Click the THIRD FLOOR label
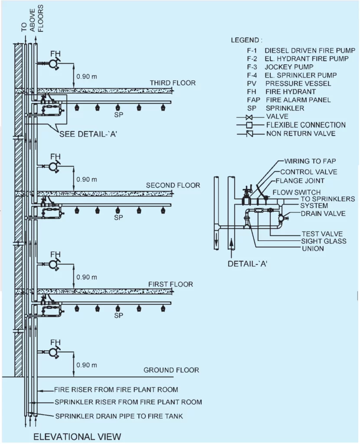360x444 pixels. (173, 83)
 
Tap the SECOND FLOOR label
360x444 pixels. (173, 185)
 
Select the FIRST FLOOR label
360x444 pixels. (170, 284)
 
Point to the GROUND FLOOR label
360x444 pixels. (171, 370)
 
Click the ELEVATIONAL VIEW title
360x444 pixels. (78, 436)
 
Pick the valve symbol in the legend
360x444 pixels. (249, 117)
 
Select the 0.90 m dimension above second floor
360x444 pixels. (86, 179)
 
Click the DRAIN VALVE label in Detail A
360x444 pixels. (323, 213)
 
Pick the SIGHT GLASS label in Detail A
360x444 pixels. (324, 241)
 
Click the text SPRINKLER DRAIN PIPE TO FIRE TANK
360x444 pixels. (119, 416)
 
